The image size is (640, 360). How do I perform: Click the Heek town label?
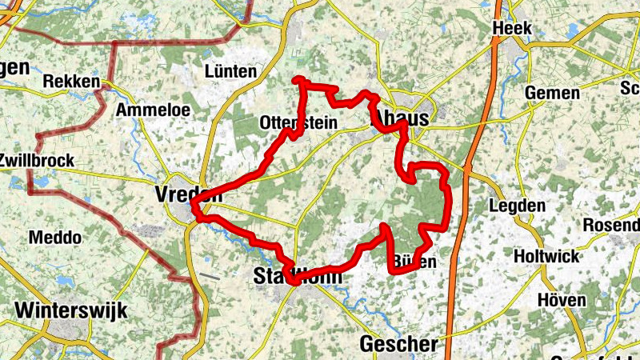[513, 28]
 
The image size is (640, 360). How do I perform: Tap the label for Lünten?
[231, 71]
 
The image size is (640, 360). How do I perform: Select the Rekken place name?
[72, 82]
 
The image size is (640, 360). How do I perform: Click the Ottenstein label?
[298, 123]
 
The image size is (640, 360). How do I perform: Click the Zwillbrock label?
[36, 160]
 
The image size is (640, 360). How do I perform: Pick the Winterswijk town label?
[70, 310]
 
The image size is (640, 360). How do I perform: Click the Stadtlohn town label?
[297, 277]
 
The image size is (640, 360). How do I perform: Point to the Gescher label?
[399, 344]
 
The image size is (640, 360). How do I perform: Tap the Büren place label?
[415, 262]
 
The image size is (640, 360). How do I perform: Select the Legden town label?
[516, 206]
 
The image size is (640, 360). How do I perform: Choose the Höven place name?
[563, 300]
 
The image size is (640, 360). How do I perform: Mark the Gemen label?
[552, 93]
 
